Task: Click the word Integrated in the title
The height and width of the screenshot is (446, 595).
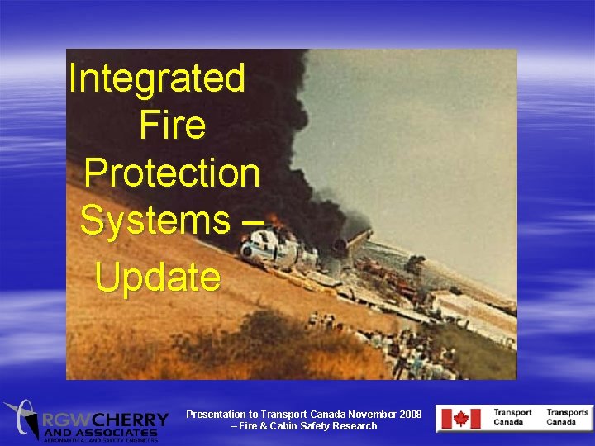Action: click(157, 79)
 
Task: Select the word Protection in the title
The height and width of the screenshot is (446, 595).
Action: click(172, 173)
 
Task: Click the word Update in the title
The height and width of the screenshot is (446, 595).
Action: click(158, 278)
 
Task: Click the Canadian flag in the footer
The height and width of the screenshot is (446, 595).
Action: click(454, 419)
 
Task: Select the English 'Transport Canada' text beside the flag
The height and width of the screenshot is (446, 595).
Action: click(512, 417)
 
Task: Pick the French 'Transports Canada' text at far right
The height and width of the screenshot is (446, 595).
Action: click(568, 417)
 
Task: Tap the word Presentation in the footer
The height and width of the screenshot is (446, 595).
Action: click(217, 414)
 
